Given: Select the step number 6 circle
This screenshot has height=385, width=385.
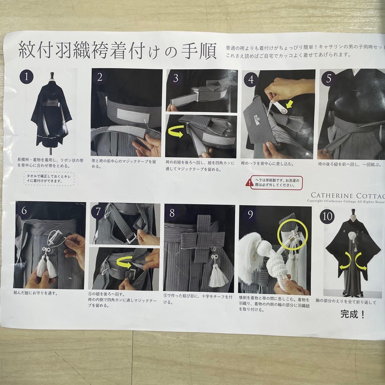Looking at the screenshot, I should pos(24,211).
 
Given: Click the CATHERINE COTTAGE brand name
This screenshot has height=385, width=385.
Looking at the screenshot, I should pos(348,195).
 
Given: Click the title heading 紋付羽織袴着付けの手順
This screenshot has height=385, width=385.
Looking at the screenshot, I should pos(117,51).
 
